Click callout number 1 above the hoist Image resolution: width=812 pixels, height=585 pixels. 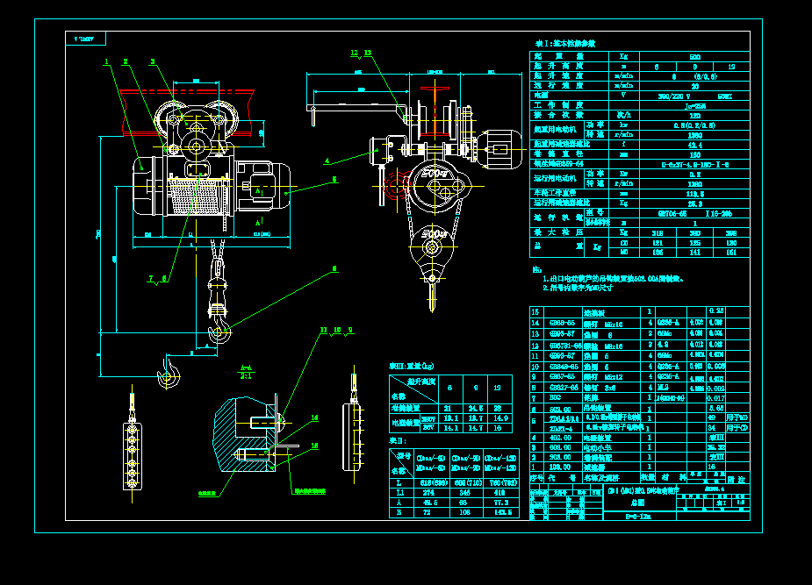pos(106,62)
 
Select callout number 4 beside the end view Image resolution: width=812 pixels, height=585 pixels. pos(327,161)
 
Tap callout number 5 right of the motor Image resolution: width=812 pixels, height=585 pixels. pos(334,180)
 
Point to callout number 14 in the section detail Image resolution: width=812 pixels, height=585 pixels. pos(315,418)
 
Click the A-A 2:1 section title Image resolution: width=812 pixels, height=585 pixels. pos(248,372)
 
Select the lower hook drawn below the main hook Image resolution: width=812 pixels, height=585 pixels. pos(167,374)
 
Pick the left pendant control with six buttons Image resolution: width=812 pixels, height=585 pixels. pos(131,448)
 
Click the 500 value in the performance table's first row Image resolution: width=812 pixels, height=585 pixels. pos(693,55)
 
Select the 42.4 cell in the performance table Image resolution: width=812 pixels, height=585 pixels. pos(693,144)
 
